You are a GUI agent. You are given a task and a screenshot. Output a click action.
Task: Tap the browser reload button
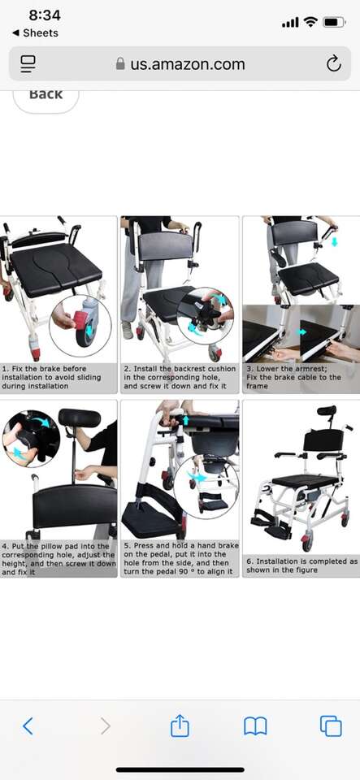[333, 64]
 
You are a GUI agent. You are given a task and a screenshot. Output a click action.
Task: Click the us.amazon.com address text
[188, 64]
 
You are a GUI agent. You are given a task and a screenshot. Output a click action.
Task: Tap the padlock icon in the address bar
[120, 63]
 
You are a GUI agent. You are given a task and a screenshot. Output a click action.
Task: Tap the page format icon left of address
[28, 64]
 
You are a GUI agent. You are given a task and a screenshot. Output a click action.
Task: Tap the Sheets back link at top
[35, 32]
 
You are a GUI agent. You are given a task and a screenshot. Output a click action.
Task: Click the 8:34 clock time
[44, 15]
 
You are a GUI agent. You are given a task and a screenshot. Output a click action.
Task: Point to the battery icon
[334, 23]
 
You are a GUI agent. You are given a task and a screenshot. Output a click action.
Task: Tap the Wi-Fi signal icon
[310, 23]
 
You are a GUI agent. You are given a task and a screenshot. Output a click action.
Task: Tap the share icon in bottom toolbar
[180, 726]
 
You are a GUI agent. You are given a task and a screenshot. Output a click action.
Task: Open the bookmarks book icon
[255, 726]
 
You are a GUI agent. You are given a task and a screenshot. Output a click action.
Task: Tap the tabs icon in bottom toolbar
[331, 726]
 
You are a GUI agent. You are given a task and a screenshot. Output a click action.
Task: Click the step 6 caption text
[301, 565]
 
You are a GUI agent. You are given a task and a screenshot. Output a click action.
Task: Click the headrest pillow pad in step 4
[80, 418]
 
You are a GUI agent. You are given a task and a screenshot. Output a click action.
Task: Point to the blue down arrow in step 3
[334, 242]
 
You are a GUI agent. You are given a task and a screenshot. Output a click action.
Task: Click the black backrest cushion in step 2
[166, 245]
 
